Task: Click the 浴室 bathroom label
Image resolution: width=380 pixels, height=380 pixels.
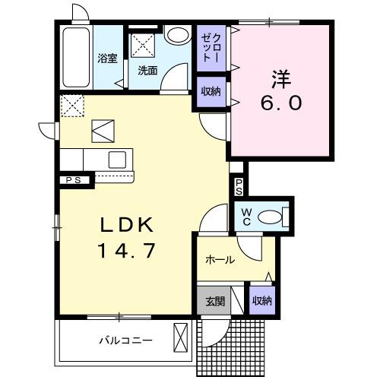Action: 106,59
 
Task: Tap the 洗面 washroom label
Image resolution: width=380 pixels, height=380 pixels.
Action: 148,70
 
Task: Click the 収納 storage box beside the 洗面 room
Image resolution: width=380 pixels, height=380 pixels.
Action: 211,90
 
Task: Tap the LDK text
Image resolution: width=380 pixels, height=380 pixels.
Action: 129,225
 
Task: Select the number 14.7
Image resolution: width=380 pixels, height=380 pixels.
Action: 129,251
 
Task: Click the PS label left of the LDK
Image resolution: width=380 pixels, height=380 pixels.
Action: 73,180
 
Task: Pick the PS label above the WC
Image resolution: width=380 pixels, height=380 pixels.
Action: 239,185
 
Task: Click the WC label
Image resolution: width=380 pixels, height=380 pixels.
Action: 246,217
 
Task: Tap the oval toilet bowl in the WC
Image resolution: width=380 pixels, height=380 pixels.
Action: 269,217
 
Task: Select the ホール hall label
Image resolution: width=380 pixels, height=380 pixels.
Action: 219,260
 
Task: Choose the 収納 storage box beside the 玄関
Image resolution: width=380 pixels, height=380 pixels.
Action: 262,300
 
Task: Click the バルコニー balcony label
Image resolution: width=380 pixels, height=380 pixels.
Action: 125,340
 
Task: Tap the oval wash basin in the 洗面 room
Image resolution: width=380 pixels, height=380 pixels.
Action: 178,36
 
